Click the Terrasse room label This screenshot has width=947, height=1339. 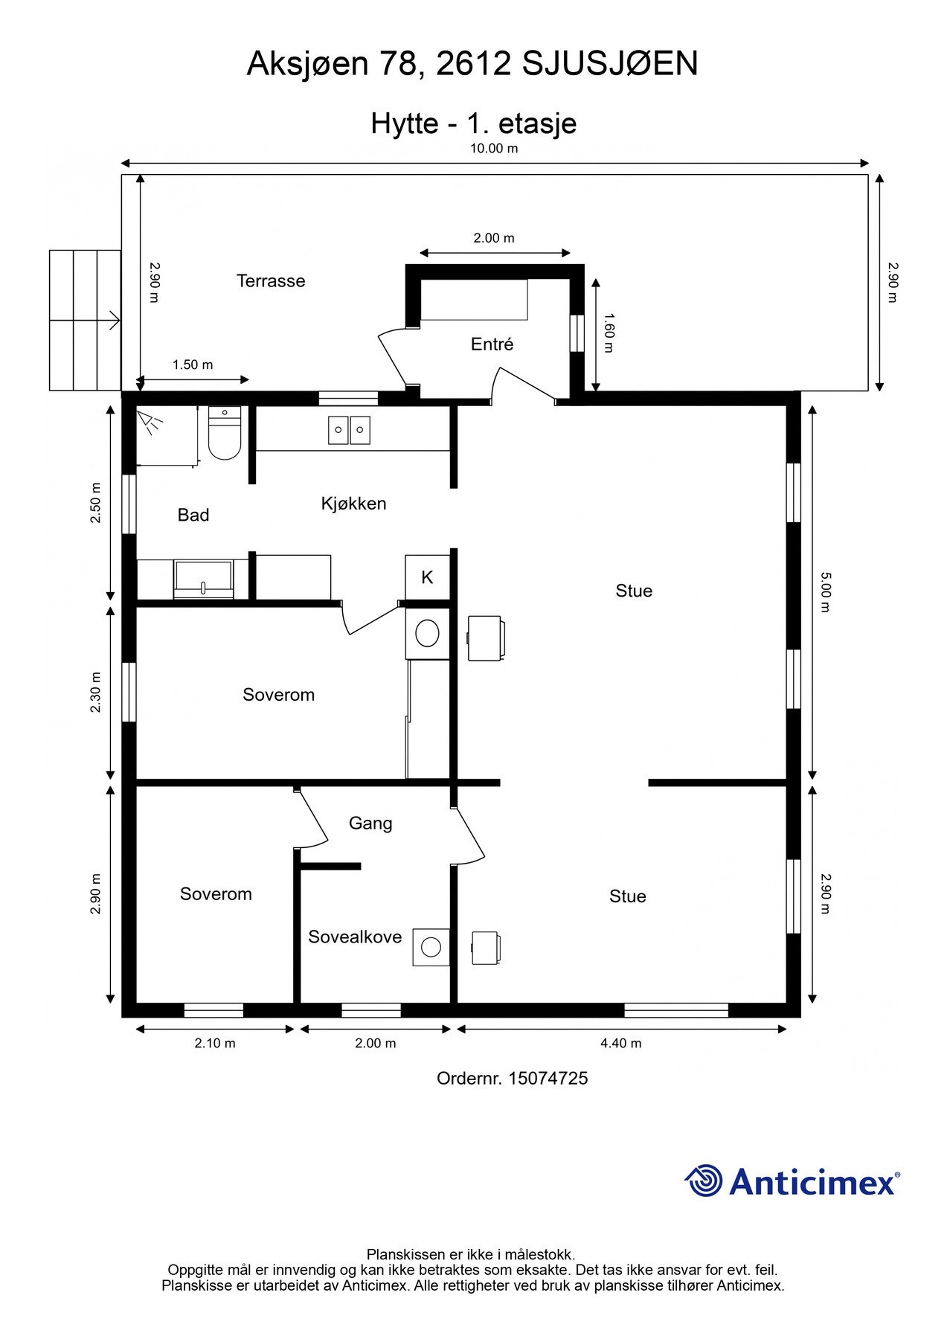(271, 281)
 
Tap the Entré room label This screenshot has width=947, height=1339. (492, 344)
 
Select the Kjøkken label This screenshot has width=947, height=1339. (353, 504)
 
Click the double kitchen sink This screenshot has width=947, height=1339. (349, 430)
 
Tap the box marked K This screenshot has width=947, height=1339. (427, 577)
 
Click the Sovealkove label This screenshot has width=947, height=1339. (355, 937)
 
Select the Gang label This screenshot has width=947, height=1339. (370, 823)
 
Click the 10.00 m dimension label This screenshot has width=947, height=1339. (494, 148)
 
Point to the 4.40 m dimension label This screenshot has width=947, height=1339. (620, 1043)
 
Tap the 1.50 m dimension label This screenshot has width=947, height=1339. (193, 365)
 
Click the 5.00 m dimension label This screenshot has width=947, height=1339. (825, 591)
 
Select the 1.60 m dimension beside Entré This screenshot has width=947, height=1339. (609, 333)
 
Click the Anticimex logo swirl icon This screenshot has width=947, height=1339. (703, 1181)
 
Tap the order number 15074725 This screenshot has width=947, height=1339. (548, 1078)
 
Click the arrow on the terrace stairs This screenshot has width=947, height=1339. (113, 321)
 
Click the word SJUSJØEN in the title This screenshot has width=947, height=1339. (609, 64)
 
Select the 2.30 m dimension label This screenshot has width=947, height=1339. (95, 693)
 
